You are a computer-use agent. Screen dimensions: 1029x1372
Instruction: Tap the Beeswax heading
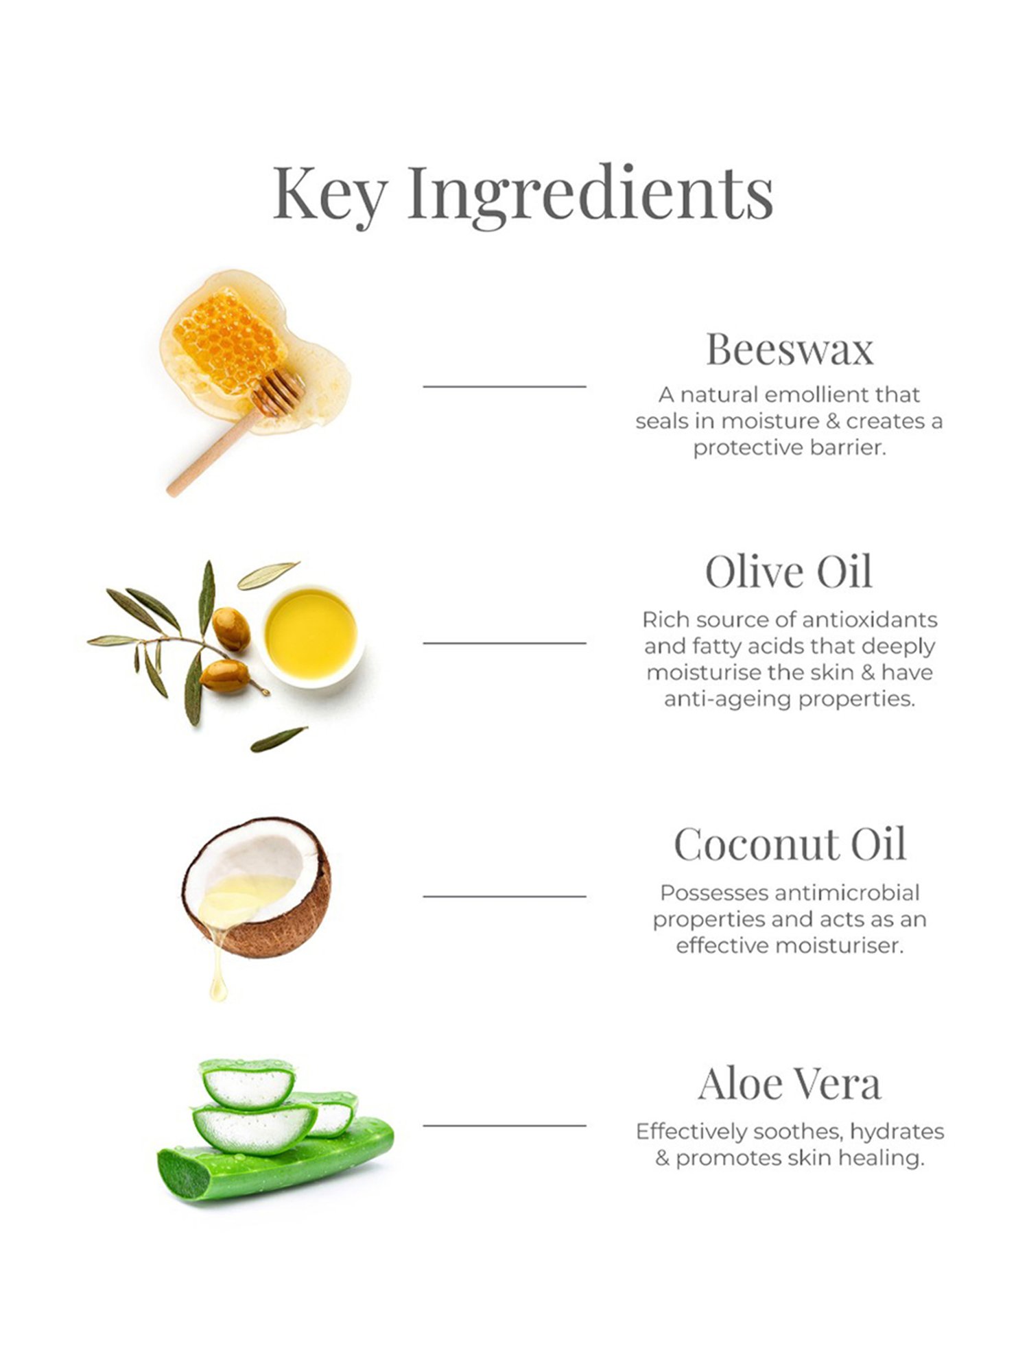coord(790,349)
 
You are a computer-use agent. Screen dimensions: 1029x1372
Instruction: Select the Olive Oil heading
coord(789,571)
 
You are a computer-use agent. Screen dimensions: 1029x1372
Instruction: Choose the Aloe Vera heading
coord(790,1085)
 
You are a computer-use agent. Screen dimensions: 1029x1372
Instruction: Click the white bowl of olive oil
coord(311,636)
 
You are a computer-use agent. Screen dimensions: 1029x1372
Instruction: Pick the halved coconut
coord(257,887)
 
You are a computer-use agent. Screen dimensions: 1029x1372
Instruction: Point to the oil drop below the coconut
coord(218,989)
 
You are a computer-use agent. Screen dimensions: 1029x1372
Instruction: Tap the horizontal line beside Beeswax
coord(504,387)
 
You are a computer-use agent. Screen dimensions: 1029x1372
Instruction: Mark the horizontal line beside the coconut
coord(504,896)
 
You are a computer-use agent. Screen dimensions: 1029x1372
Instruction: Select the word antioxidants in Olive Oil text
coord(869,619)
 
